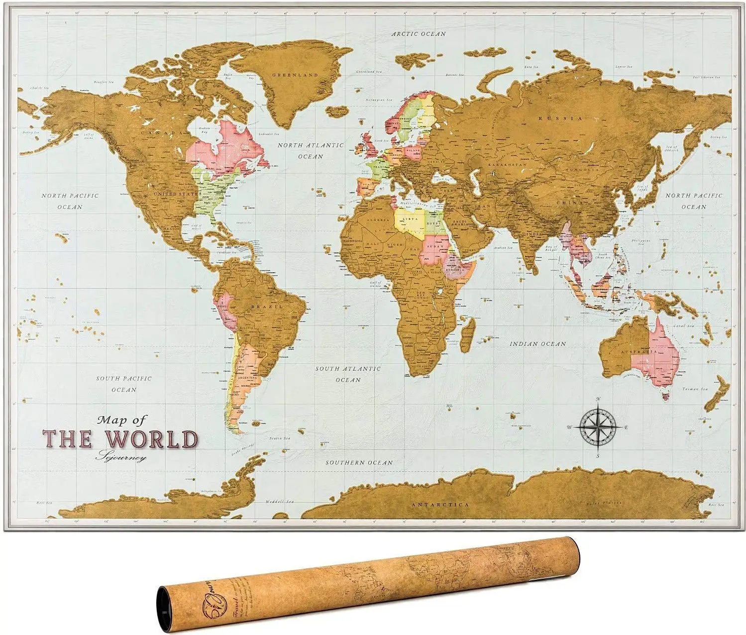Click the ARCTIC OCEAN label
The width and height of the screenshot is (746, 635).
418,34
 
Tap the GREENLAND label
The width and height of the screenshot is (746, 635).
295,75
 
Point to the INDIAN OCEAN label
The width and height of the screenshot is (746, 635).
537,343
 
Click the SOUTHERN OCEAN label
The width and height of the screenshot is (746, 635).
359,462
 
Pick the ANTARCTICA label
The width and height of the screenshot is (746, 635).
440,504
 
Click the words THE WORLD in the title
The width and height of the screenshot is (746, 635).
120,438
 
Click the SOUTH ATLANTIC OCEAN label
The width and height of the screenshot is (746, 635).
348,374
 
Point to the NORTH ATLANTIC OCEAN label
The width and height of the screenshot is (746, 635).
311,150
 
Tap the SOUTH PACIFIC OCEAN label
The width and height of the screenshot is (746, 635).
124,384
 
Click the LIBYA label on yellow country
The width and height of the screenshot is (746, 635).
410,219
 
